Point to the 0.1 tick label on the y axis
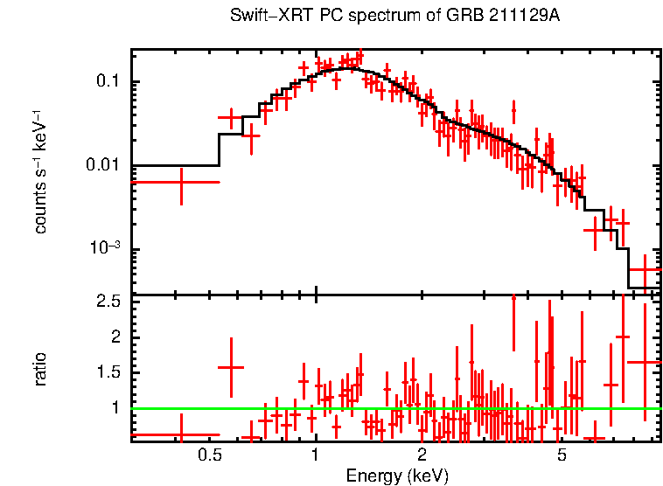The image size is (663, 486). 107,82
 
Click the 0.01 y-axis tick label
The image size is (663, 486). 102,166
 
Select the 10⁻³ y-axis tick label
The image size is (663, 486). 105,249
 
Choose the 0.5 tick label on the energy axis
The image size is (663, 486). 208,455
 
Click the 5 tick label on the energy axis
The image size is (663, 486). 562,455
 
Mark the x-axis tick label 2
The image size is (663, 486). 422,455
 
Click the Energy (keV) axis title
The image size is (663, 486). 397,476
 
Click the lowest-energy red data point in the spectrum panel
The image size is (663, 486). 181,182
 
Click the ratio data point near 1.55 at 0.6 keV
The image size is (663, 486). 231,368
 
